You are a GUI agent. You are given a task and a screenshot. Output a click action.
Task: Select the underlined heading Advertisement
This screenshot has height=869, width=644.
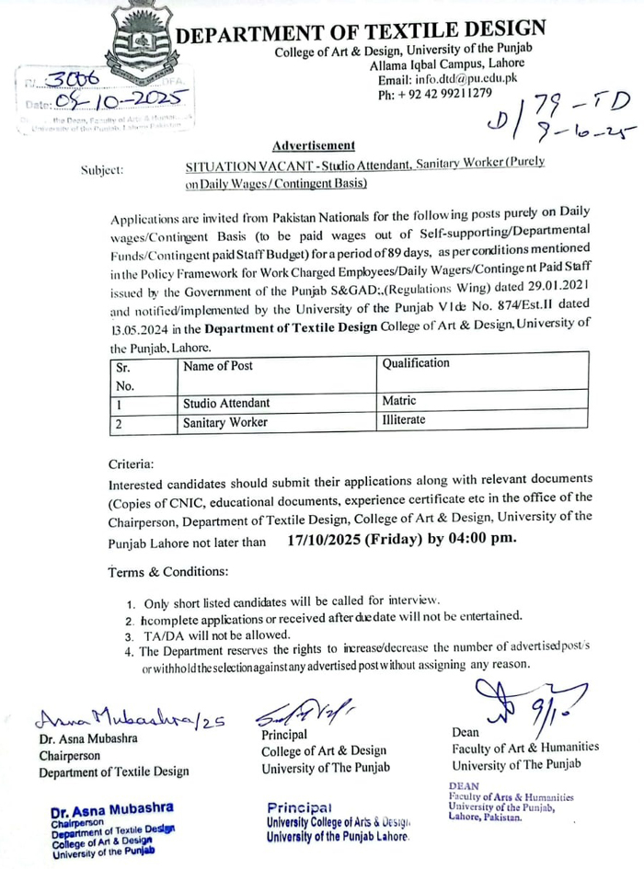[x=313, y=146]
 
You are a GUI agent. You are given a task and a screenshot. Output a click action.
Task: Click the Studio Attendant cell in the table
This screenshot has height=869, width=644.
[x=226, y=403]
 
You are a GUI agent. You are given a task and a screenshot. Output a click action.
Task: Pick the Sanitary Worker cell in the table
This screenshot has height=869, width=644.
[x=225, y=422]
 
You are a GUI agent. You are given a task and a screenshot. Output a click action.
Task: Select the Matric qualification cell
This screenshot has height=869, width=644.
[x=398, y=402]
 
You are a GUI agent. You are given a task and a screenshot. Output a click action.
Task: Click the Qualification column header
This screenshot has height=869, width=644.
[x=416, y=363]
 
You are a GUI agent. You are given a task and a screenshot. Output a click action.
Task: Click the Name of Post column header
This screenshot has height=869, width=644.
[x=218, y=365]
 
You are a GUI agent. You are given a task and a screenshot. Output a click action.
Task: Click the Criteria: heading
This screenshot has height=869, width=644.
[x=132, y=463]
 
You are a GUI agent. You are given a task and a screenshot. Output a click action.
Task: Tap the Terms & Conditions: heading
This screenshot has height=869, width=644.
[x=168, y=572]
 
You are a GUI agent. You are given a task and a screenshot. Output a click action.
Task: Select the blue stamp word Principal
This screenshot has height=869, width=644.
[x=297, y=806]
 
